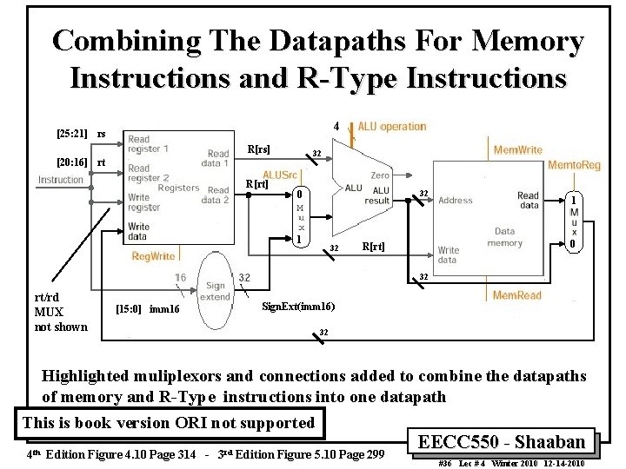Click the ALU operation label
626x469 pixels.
[392, 126]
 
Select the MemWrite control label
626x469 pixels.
[518, 150]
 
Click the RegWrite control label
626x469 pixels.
[153, 256]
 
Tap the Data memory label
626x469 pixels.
[504, 238]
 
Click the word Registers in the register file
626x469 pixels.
[178, 188]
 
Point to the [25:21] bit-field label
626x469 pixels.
[70, 134]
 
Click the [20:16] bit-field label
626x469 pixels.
[70, 162]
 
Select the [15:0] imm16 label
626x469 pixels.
[146, 308]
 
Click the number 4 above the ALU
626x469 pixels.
[336, 127]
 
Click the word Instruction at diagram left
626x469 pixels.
[61, 180]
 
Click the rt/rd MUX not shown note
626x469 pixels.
[60, 311]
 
